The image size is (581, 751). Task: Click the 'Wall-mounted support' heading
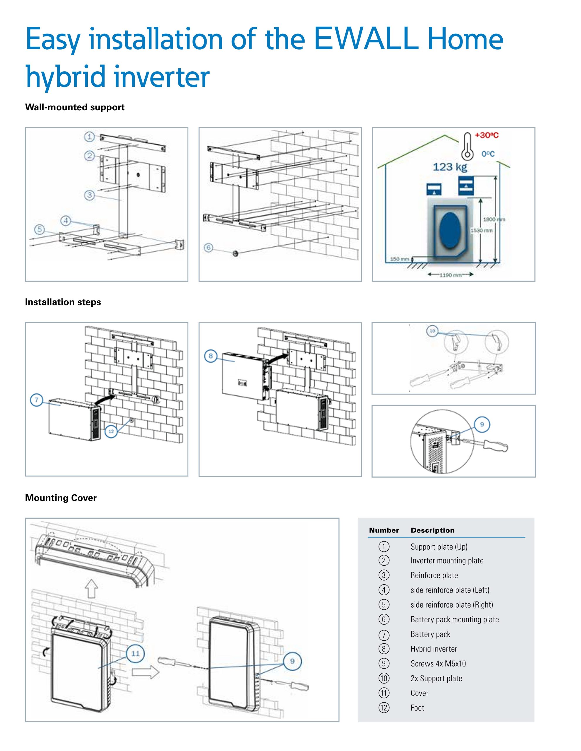point(75,107)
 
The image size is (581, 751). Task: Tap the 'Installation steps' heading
point(63,302)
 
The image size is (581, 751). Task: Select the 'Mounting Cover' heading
point(61,498)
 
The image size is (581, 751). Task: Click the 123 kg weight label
point(450,167)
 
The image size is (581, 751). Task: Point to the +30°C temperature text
point(487,135)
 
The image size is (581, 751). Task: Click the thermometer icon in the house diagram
point(467,147)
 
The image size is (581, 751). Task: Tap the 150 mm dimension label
point(399,259)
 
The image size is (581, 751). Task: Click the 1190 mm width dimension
point(450,275)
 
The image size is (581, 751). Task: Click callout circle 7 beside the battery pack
point(36,400)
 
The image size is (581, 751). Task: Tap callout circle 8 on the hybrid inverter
point(210,356)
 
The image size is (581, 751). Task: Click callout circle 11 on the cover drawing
point(136,653)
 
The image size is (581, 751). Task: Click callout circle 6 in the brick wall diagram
point(208,248)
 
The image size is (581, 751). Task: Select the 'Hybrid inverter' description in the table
point(433,649)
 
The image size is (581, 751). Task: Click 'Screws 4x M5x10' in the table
point(438,664)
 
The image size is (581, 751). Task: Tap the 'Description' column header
point(433,530)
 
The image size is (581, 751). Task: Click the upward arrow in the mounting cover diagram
point(91,588)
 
